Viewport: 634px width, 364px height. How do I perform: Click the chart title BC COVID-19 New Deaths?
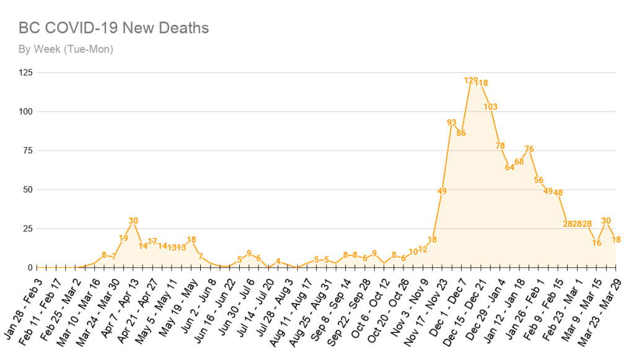click(x=113, y=28)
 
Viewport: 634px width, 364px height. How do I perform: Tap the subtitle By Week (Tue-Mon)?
click(x=66, y=49)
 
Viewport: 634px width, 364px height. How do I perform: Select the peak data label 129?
click(x=471, y=81)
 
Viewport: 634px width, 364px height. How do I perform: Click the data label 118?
click(x=482, y=83)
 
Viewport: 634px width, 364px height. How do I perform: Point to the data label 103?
click(x=490, y=107)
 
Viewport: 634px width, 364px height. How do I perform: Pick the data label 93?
click(x=452, y=122)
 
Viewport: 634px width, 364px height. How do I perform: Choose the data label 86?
click(x=461, y=133)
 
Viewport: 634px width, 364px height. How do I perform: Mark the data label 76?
click(x=529, y=149)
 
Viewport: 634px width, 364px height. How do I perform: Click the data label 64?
click(x=509, y=167)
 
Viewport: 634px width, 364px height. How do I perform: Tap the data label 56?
click(x=539, y=180)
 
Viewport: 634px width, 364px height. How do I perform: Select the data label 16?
click(x=597, y=242)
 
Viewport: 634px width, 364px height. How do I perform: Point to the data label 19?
click(x=123, y=238)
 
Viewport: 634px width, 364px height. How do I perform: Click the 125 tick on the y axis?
click(x=26, y=73)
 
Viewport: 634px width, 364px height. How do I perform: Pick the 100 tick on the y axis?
click(x=26, y=112)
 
